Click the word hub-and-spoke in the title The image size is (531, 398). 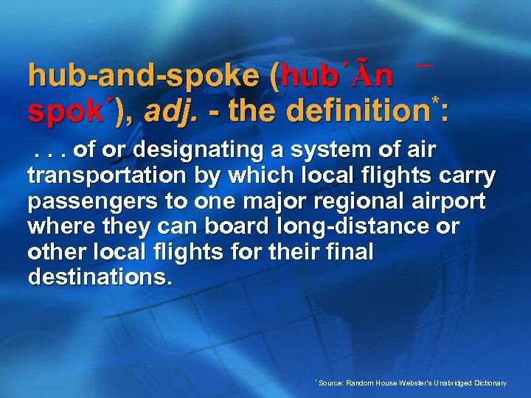pyautogui.click(x=143, y=77)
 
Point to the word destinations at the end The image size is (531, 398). pyautogui.click(x=100, y=279)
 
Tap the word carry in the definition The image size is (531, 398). pyautogui.click(x=466, y=177)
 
